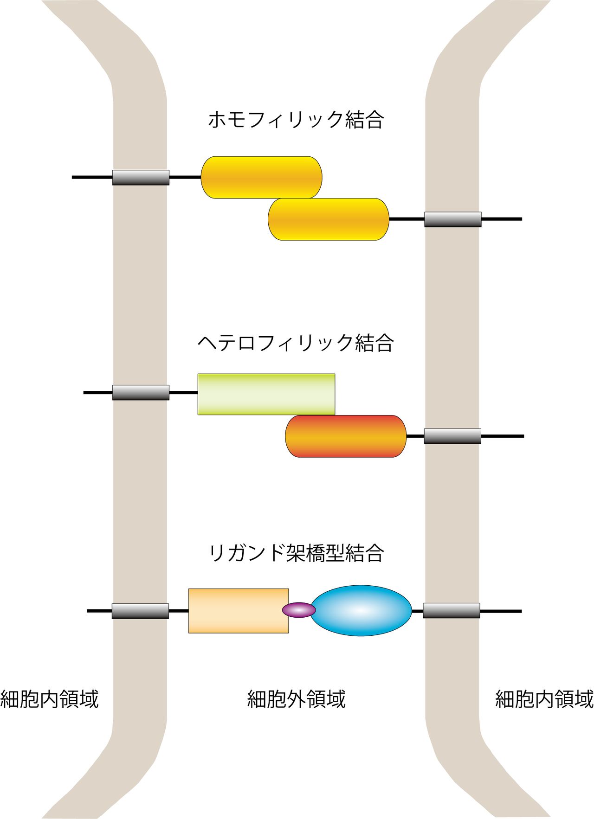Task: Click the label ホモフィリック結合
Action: [x=296, y=120]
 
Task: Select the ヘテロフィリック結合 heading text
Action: [x=296, y=343]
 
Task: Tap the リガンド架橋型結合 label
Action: [x=296, y=553]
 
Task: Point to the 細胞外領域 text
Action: [x=296, y=699]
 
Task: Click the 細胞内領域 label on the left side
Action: [x=49, y=699]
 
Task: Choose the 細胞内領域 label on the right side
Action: [x=544, y=699]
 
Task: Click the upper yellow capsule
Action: [x=261, y=177]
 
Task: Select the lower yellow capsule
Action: [x=329, y=219]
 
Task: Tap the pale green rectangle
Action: [x=266, y=394]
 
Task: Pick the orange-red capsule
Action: [x=346, y=436]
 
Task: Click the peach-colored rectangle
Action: [x=238, y=610]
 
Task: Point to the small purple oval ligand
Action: [x=299, y=610]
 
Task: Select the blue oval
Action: [x=361, y=610]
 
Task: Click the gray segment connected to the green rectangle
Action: [x=141, y=392]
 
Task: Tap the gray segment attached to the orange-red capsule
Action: [x=452, y=436]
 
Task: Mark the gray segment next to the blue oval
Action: [x=451, y=610]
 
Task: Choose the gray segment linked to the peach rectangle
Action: [x=140, y=611]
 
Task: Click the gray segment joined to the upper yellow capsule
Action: [x=141, y=177]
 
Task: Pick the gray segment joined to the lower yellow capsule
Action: [x=452, y=219]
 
